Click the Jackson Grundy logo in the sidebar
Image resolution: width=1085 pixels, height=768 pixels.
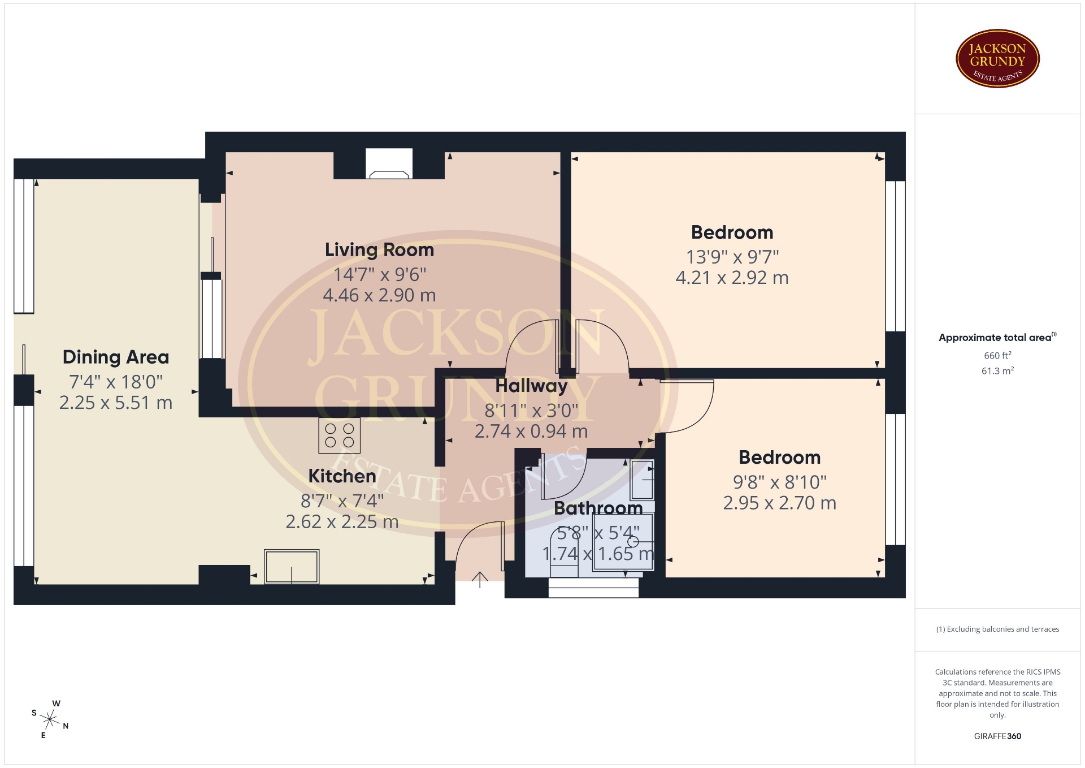[997, 59]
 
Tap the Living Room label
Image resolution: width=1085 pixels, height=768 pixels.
[379, 250]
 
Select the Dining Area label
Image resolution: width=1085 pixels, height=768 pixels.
[116, 357]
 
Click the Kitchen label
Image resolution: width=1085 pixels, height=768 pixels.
[342, 476]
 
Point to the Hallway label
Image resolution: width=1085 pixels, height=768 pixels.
[531, 386]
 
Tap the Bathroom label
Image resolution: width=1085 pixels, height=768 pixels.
[598, 508]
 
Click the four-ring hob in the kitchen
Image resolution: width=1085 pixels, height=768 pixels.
[339, 435]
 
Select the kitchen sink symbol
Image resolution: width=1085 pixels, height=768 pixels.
[292, 566]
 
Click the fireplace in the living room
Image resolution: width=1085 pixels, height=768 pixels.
[389, 164]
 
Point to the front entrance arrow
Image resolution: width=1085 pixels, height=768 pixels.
[480, 580]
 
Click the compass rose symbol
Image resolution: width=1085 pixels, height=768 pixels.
[50, 719]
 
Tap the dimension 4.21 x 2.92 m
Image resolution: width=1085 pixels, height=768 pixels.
[732, 278]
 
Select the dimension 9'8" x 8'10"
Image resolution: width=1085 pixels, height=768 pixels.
[779, 482]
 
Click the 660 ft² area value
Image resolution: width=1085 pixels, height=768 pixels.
[997, 355]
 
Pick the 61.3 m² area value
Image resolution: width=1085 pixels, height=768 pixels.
[997, 371]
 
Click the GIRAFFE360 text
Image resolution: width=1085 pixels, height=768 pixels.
[997, 736]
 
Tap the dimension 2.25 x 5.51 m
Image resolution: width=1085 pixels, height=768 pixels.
[116, 403]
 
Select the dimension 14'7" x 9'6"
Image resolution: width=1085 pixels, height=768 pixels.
[379, 275]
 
